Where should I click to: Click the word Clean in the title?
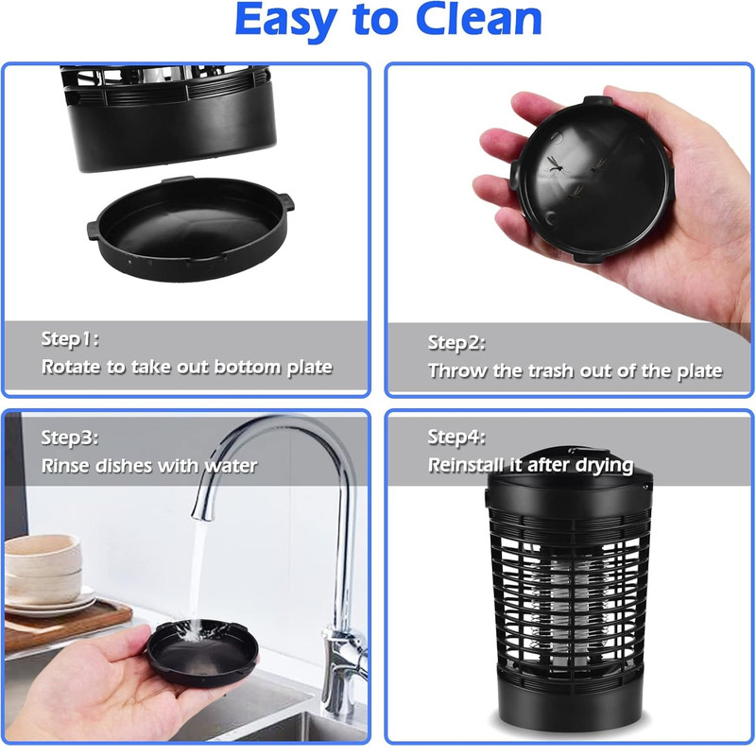tap(479, 20)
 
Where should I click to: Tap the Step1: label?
tap(70, 339)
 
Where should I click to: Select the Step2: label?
tap(456, 343)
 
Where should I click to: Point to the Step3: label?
tap(70, 438)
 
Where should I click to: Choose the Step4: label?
tap(456, 438)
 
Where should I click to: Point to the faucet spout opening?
tap(202, 515)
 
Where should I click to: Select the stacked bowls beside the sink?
tap(43, 569)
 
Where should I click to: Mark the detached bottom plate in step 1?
tap(191, 229)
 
